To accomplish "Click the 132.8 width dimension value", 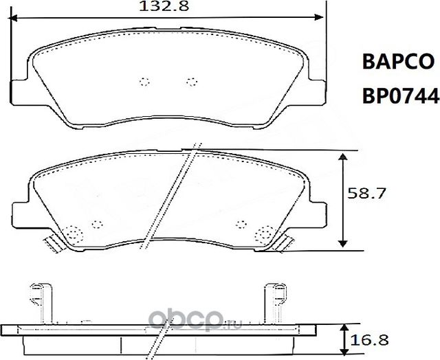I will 165,8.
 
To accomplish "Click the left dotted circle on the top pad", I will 144,82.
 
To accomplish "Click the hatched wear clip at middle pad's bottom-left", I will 52,243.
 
